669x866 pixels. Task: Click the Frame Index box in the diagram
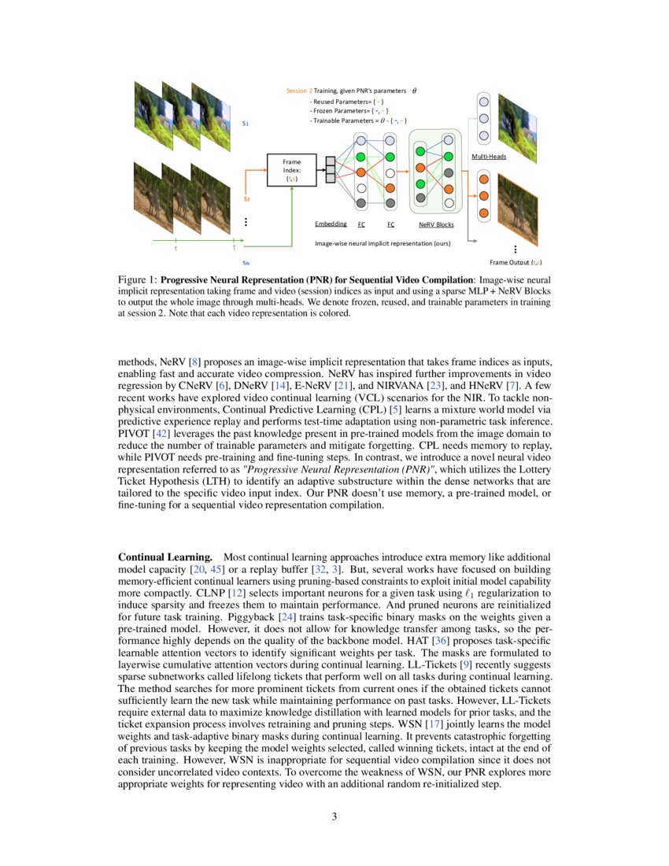291,171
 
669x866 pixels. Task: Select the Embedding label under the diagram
331,224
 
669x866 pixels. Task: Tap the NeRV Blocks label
436,224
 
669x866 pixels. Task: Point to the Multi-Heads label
489,157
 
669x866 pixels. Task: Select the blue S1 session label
246,124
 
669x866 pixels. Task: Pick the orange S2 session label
246,199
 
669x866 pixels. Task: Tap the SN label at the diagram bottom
246,262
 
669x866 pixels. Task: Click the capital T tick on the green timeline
224,248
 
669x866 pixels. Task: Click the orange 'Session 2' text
299,91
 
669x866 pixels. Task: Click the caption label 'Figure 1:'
138,279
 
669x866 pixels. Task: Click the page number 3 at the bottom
334,816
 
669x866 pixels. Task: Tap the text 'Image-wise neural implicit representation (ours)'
383,244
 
